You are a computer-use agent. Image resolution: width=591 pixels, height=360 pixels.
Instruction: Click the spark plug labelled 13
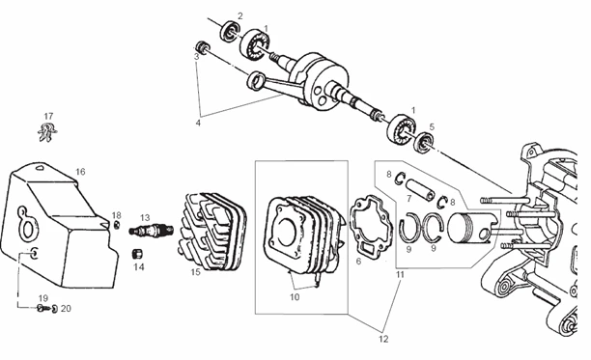[152, 230]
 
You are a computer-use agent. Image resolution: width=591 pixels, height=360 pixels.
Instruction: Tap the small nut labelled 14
[138, 254]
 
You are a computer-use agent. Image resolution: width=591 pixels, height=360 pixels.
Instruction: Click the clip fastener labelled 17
[47, 132]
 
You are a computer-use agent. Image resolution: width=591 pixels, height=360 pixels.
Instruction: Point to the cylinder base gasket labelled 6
[369, 225]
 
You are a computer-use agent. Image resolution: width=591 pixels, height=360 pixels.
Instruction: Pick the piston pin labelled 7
[420, 190]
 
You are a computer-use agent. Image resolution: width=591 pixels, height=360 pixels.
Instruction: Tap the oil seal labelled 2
[230, 31]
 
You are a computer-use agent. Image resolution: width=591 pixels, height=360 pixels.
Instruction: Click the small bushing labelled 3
[202, 46]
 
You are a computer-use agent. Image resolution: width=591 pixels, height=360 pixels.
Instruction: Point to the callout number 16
[80, 172]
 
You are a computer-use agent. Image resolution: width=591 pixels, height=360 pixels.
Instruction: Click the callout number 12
[383, 339]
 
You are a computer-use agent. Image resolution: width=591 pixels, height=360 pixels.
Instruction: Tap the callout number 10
[295, 296]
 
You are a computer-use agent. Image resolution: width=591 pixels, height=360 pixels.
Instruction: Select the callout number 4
[198, 123]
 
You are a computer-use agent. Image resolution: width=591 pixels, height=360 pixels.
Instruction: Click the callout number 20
[66, 309]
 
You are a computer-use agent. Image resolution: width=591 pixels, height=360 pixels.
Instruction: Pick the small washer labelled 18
[117, 225]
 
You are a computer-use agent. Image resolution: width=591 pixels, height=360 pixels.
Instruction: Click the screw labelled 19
[42, 309]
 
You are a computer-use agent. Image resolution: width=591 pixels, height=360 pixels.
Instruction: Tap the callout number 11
[400, 274]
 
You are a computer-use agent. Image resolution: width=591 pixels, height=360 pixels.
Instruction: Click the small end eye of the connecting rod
[255, 80]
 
